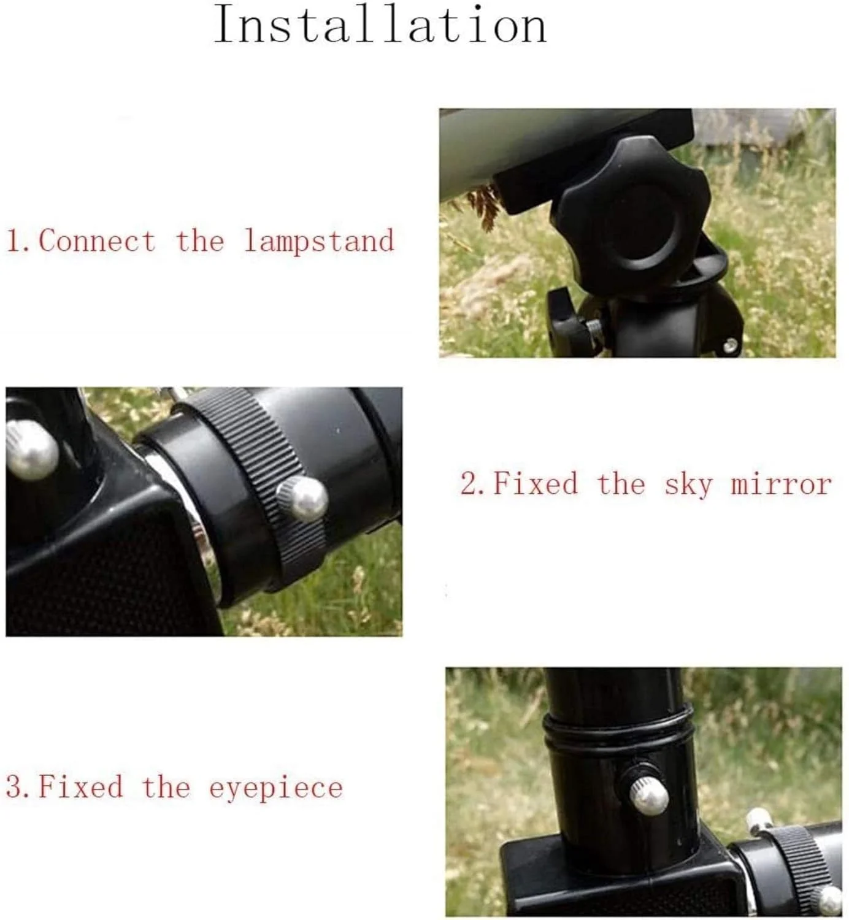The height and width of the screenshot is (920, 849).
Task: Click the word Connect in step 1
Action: [97, 241]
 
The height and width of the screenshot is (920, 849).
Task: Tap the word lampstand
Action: [320, 241]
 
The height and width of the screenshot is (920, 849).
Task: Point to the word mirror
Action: [782, 484]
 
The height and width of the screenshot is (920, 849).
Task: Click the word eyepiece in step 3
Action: [275, 788]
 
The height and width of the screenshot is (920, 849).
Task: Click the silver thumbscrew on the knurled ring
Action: [302, 499]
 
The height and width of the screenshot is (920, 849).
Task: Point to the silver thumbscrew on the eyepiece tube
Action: [648, 794]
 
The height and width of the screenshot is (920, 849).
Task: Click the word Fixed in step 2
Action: [536, 483]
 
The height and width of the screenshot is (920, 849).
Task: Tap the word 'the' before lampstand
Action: [200, 241]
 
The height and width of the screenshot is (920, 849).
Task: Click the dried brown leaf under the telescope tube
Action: [484, 204]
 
